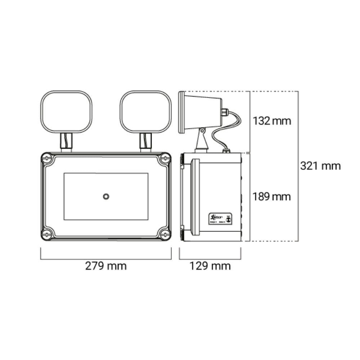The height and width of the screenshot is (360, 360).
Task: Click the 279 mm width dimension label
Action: (x=106, y=266)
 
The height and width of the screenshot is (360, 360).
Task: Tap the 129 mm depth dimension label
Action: (x=210, y=266)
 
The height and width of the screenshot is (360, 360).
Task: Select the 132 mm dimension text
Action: (x=271, y=121)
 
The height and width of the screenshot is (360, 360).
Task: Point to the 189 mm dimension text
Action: (x=271, y=197)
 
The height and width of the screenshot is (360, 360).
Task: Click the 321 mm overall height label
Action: (x=320, y=166)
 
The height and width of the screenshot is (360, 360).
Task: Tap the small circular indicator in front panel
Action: (x=106, y=196)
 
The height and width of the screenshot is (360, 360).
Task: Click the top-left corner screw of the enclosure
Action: (x=46, y=158)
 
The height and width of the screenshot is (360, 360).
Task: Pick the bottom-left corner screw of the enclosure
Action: (x=46, y=235)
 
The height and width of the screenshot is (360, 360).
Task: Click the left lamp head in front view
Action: (x=66, y=111)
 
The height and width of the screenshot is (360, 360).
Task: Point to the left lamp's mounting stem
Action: (x=66, y=141)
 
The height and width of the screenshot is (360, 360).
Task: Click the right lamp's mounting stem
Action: (x=145, y=141)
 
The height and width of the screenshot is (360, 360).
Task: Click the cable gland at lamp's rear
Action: (x=225, y=112)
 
